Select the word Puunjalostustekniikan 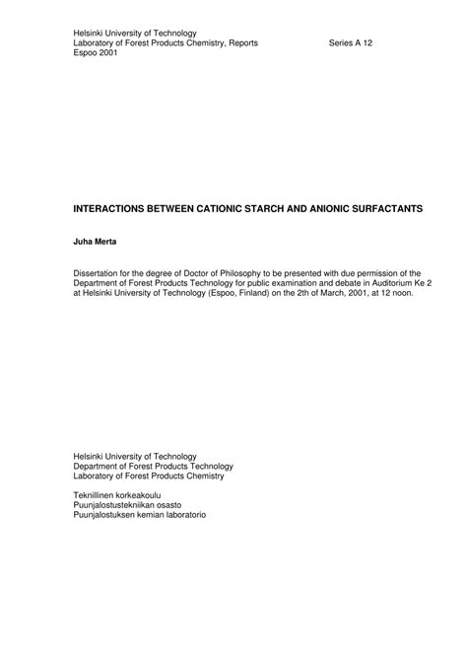(x=121, y=505)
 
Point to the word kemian (x=144, y=516)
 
